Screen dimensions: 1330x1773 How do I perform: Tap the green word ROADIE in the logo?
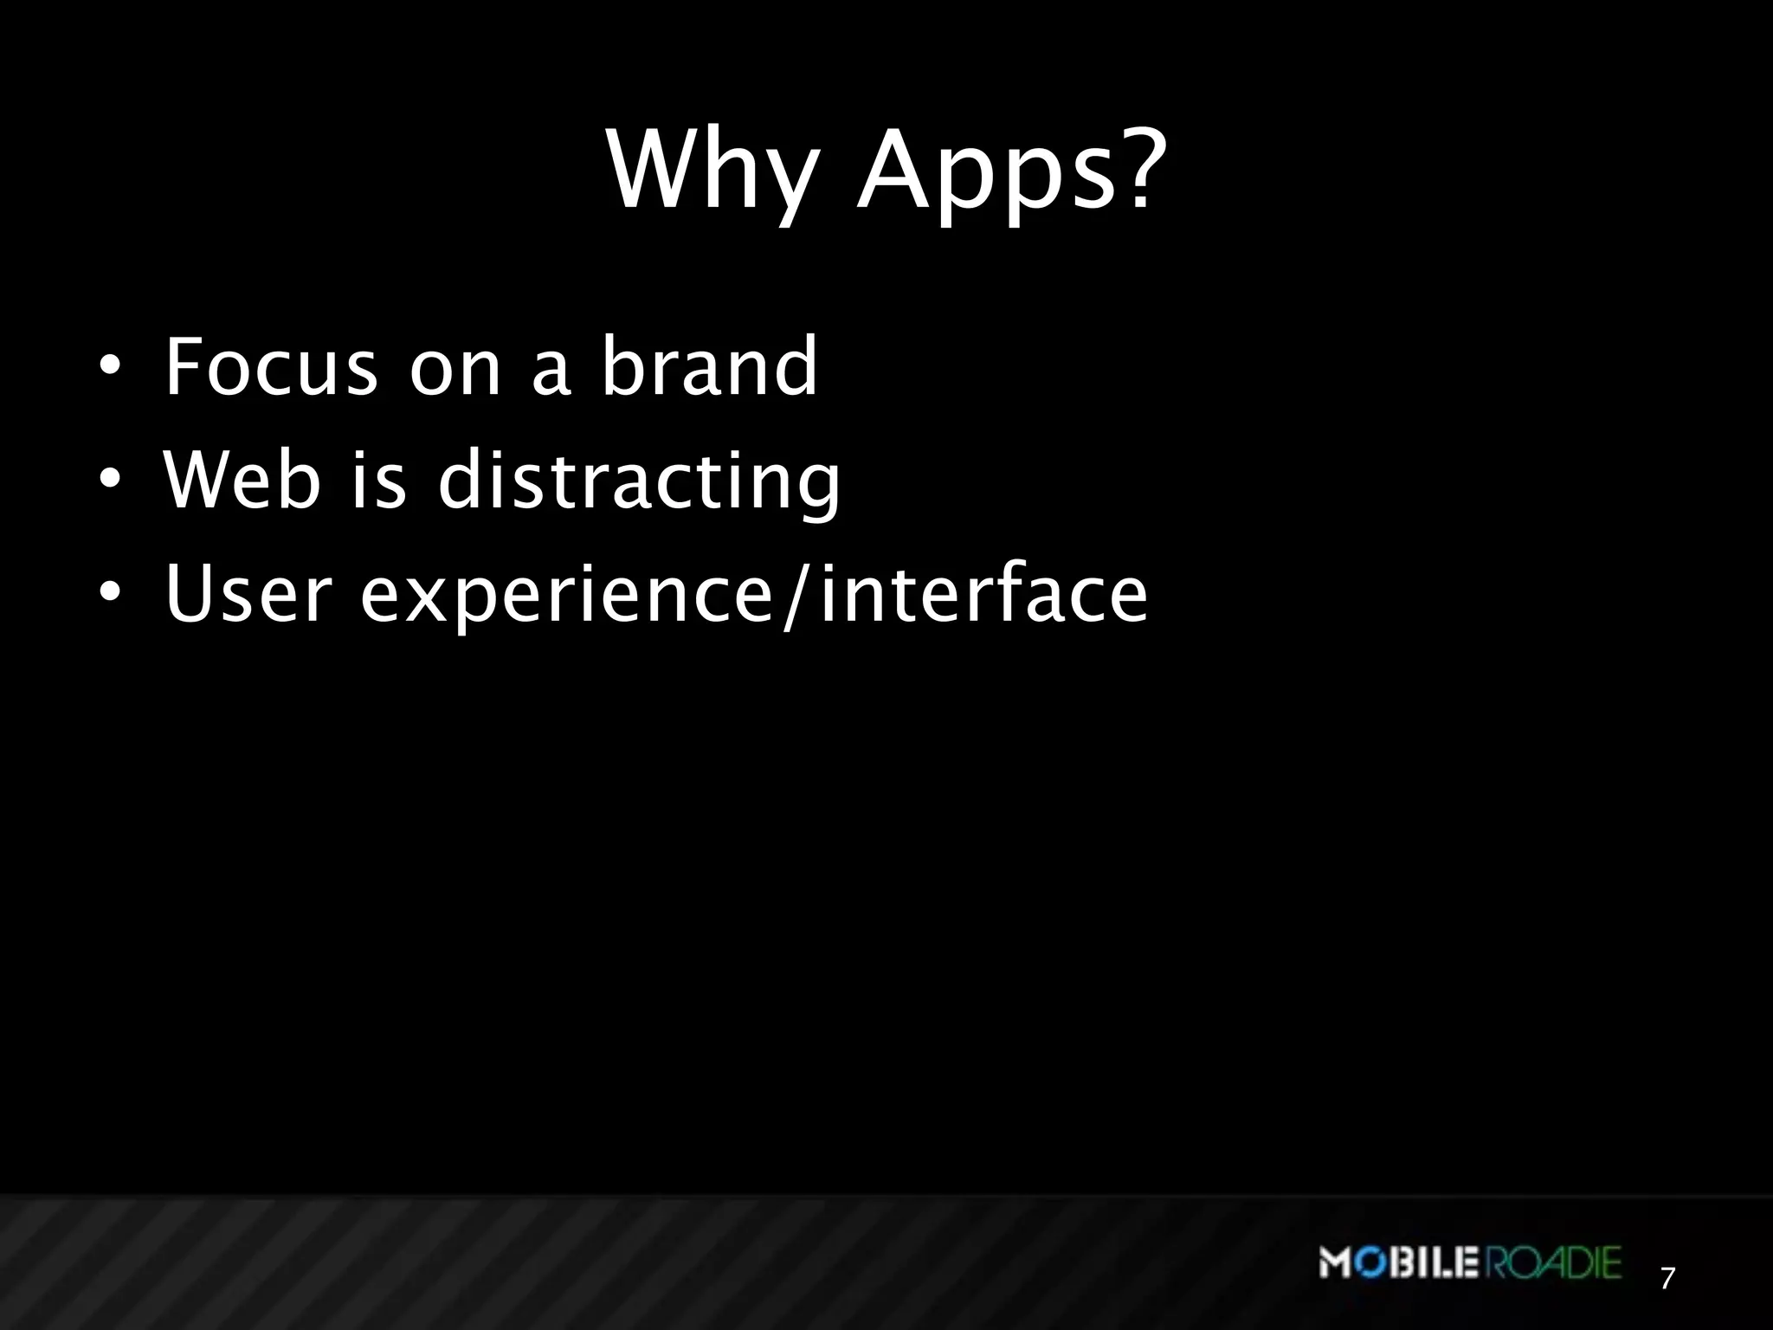(x=1555, y=1262)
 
